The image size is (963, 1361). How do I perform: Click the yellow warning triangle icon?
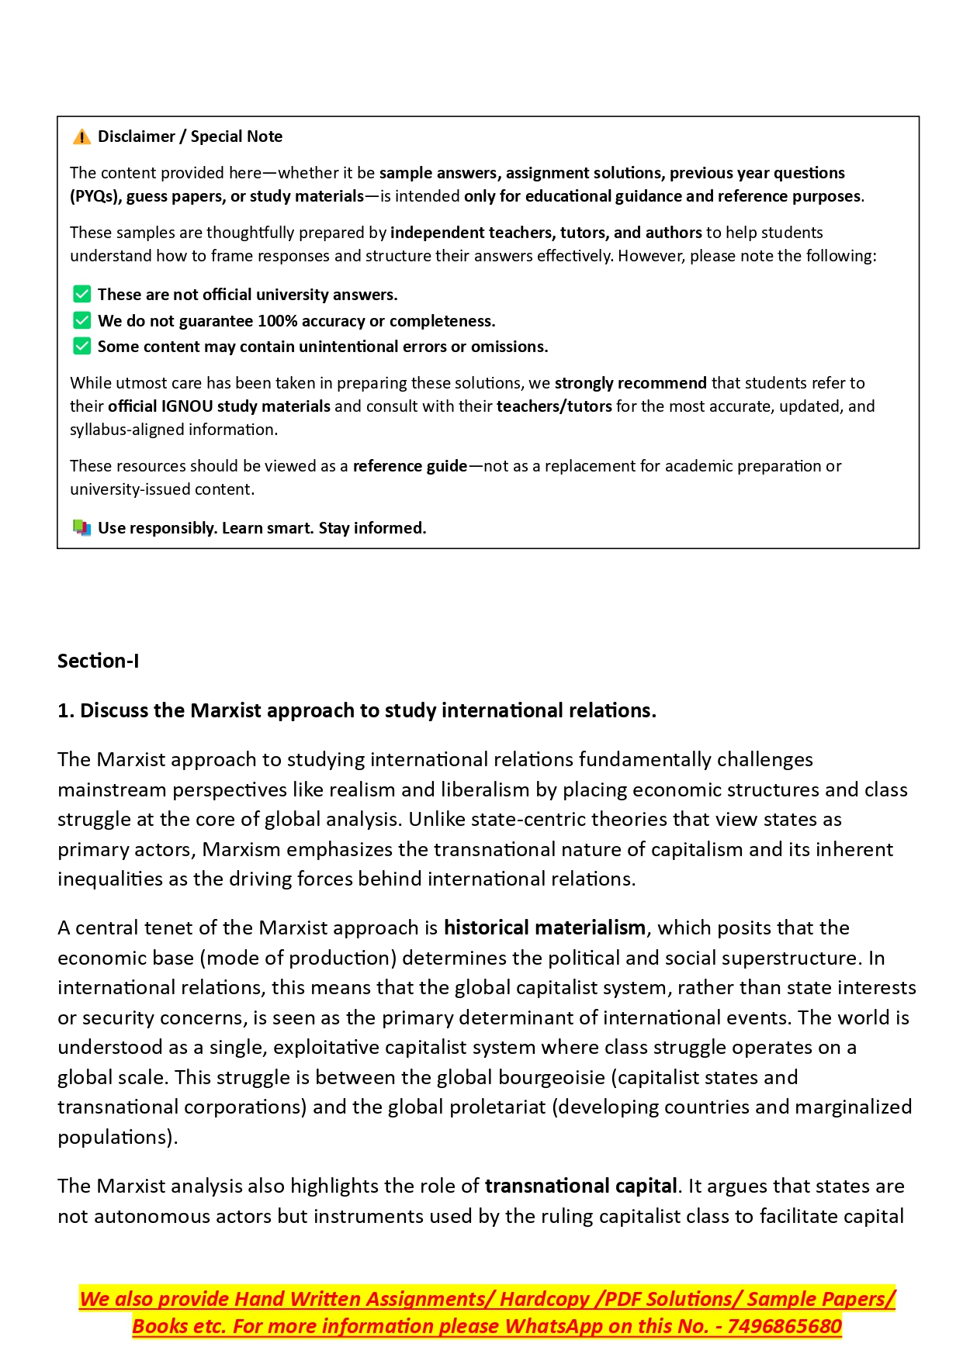(x=81, y=137)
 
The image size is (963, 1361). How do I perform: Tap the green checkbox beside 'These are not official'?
(x=81, y=295)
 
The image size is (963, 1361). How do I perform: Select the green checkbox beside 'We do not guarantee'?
(x=81, y=320)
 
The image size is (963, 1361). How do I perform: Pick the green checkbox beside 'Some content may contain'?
(x=81, y=346)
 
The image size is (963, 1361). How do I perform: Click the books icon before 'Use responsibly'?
(x=81, y=528)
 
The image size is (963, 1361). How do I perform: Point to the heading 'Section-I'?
(x=99, y=661)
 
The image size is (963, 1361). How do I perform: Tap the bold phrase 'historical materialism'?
(x=544, y=927)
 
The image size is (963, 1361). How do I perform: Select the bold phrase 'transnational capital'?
(x=580, y=1186)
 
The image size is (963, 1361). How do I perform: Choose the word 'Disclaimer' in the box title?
(x=137, y=136)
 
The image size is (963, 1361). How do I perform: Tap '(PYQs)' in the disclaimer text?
(x=95, y=196)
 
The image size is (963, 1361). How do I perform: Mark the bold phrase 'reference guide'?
(x=410, y=466)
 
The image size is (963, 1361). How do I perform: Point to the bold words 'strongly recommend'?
(x=630, y=383)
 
